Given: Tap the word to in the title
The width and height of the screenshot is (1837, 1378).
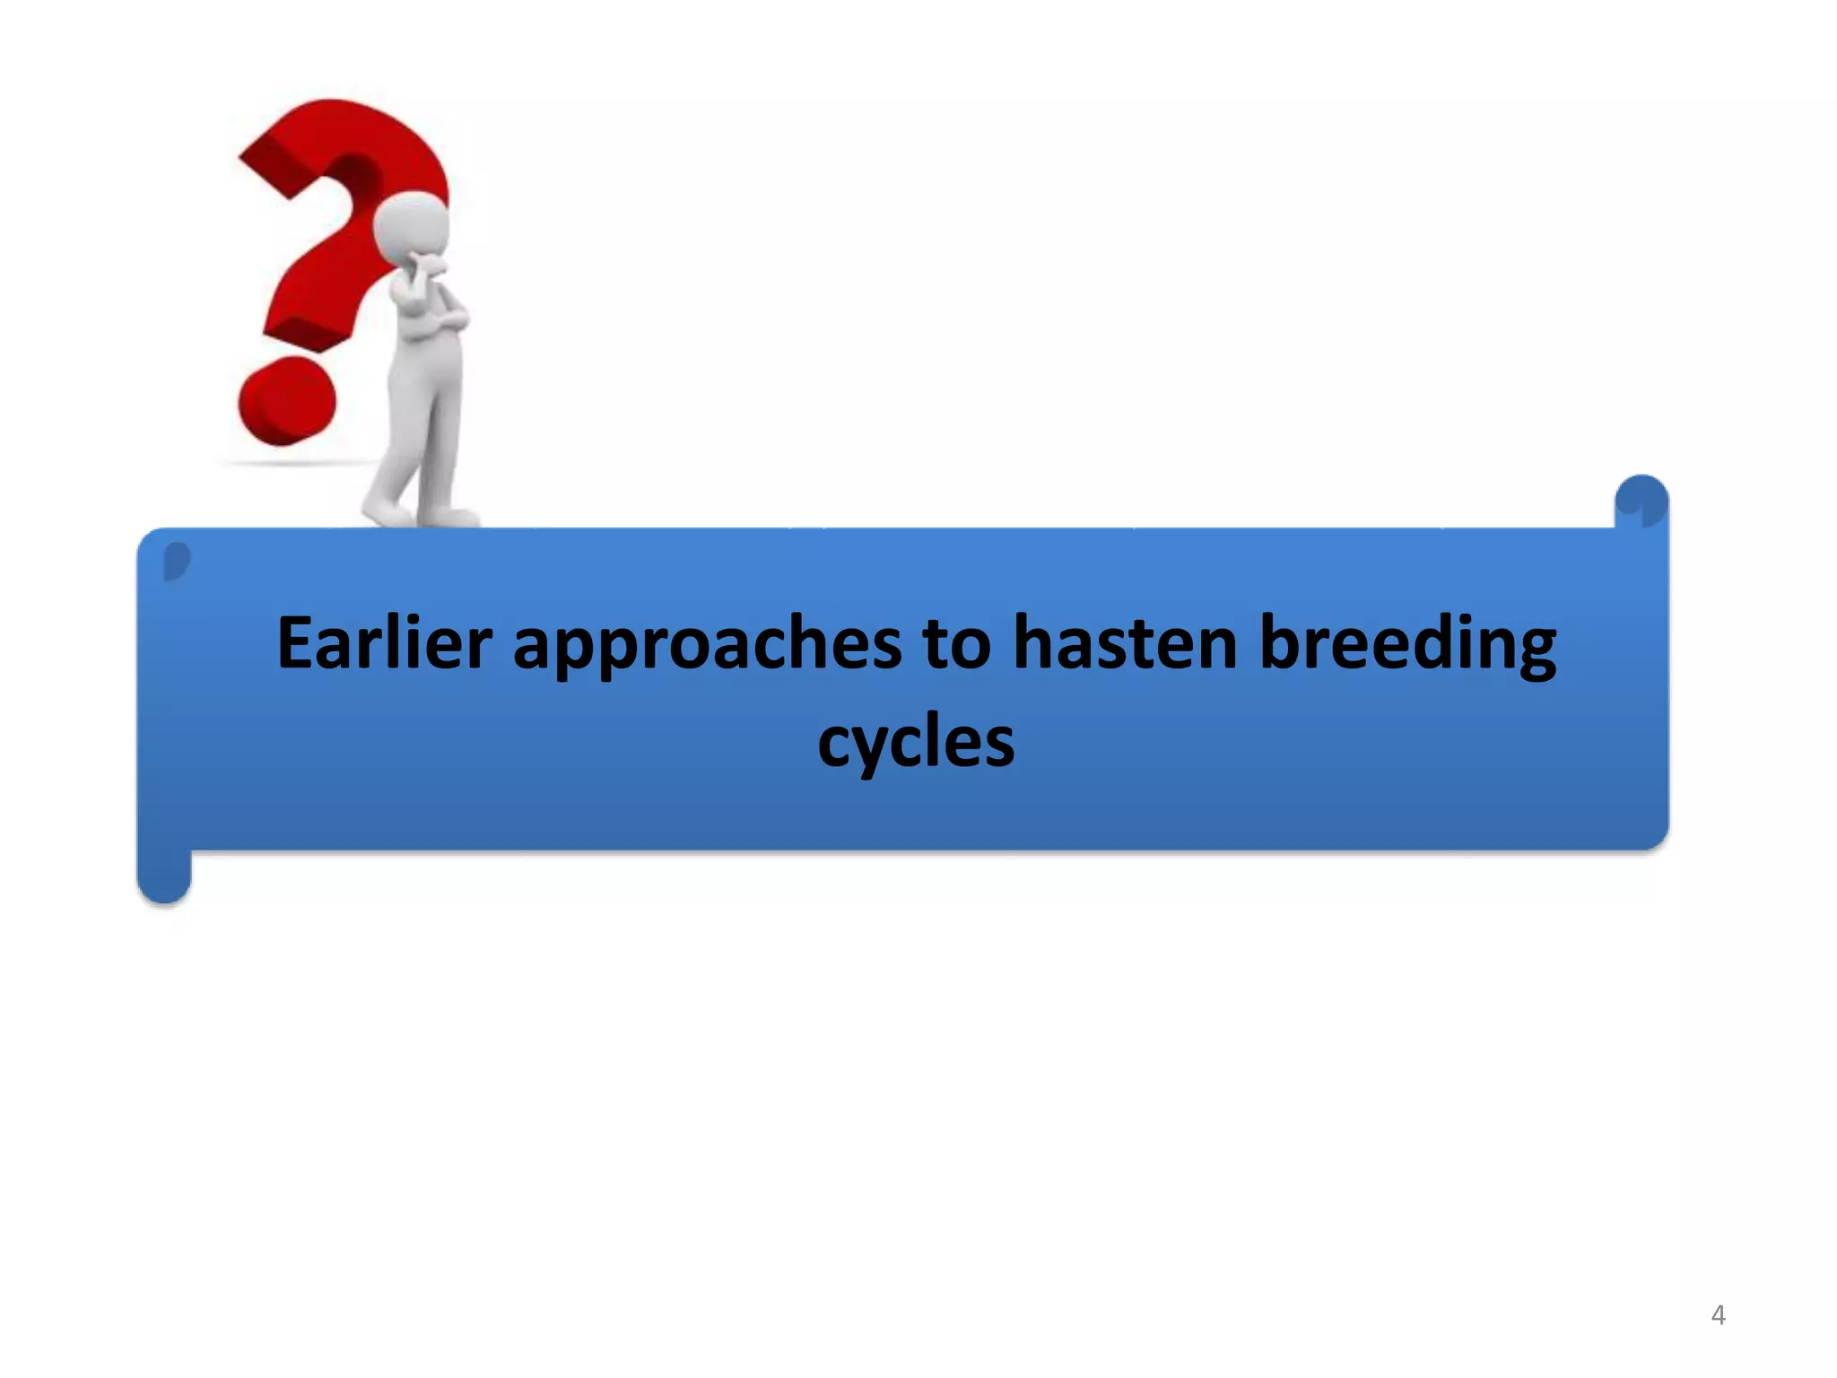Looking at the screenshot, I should (956, 644).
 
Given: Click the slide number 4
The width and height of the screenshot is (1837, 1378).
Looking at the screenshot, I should (1718, 1315).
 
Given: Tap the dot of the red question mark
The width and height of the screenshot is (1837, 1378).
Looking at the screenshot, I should (286, 401).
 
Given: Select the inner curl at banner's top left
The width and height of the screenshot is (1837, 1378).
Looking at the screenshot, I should (177, 562).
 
